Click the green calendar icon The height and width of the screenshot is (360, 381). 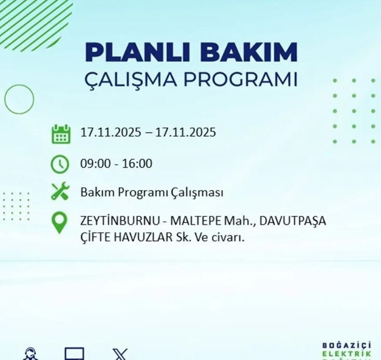pyautogui.click(x=61, y=134)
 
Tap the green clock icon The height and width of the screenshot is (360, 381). pyautogui.click(x=60, y=164)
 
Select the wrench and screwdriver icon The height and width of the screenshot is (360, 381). pyautogui.click(x=60, y=192)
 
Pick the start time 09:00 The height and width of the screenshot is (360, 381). pyautogui.click(x=94, y=164)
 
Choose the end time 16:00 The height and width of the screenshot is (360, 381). pyautogui.click(x=138, y=164)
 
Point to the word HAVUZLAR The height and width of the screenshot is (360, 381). pyautogui.click(x=139, y=238)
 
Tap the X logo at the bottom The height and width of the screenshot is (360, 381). pyautogui.click(x=120, y=355)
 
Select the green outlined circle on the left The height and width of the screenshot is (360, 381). pyautogui.click(x=19, y=99)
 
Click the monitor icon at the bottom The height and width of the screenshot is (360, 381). pyautogui.click(x=74, y=354)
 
